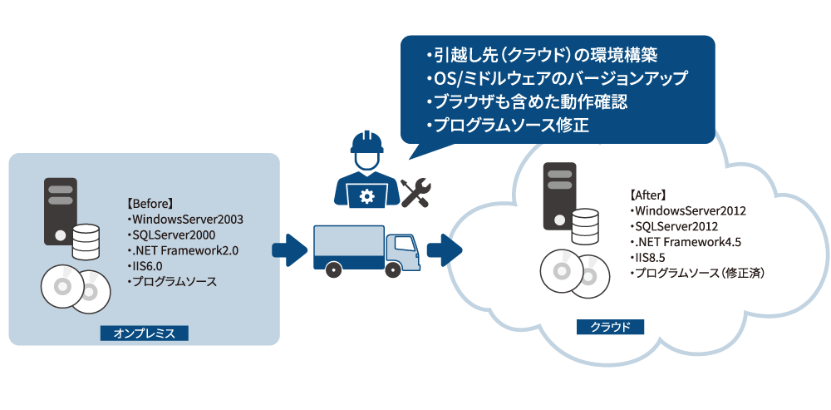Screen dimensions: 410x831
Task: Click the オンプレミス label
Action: (x=144, y=333)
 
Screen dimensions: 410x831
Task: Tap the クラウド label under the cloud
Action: (x=610, y=327)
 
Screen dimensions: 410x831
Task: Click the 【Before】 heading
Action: (x=149, y=204)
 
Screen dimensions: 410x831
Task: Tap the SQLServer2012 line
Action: (x=676, y=225)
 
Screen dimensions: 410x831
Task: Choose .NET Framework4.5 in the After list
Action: (x=686, y=241)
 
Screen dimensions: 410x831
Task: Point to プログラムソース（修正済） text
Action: (x=698, y=273)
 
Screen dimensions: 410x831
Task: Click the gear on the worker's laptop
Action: (x=366, y=196)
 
